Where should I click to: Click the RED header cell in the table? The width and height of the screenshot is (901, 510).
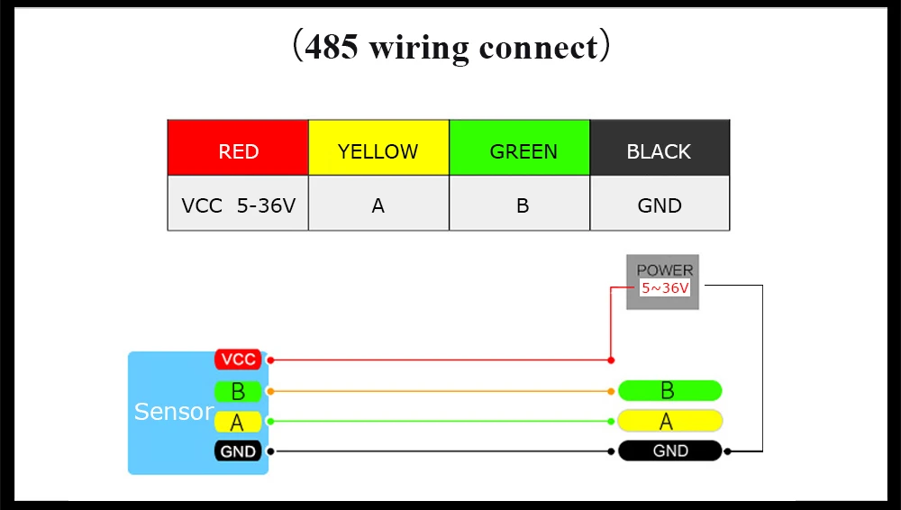238,148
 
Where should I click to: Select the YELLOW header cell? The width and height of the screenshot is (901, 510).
378,148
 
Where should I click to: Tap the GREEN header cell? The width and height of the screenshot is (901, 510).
520,148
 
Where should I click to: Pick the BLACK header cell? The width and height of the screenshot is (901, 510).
660,148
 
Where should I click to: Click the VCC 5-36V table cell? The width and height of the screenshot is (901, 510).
238,203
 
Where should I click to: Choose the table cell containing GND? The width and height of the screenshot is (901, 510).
660,203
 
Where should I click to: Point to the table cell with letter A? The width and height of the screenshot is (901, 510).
378,203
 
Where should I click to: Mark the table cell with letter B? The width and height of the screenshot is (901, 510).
520,203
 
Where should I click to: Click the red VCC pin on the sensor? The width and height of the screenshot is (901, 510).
238,360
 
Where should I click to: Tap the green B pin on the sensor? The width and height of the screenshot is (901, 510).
238,392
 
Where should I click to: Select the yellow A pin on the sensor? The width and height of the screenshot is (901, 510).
238,422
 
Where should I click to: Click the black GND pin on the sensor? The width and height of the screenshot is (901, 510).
238,451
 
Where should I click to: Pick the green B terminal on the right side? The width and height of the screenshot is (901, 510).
670,390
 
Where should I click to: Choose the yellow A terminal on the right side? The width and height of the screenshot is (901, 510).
670,421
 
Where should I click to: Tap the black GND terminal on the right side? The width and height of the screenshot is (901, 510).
670,451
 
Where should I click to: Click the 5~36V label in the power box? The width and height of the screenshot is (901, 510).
665,288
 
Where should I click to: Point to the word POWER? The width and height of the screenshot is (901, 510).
665,270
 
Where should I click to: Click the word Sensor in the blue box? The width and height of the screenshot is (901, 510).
174,412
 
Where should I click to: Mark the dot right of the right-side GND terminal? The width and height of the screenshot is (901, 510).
727,451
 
